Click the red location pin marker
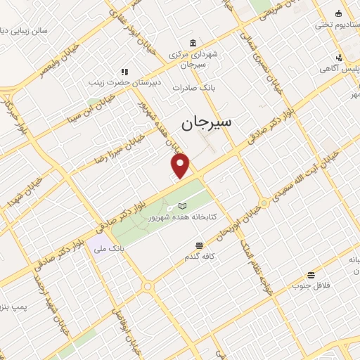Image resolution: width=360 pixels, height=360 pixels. coord(181,165)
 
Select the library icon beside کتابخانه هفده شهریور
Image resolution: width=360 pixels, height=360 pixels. coord(183,206)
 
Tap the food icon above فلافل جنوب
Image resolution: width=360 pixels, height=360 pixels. coord(311,275)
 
